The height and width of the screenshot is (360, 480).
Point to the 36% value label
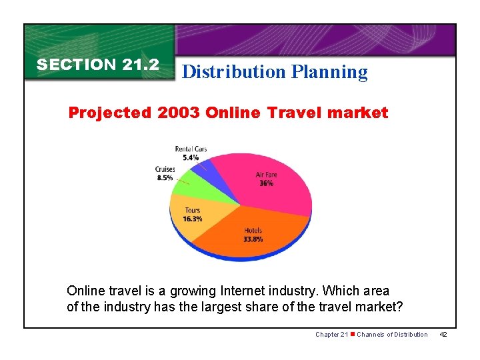click(x=266, y=183)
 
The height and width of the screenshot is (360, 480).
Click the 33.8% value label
click(x=253, y=239)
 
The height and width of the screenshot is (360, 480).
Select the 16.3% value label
click(x=193, y=219)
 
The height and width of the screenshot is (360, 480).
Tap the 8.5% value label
click(x=165, y=178)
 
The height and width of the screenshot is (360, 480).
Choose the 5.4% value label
click(x=191, y=157)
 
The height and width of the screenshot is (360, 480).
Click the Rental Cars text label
click(x=191, y=149)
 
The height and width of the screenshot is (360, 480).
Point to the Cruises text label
click(x=165, y=170)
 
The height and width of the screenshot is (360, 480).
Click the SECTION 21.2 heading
click(x=98, y=65)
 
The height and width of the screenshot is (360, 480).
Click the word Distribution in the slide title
click(x=233, y=71)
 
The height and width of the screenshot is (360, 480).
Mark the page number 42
click(x=444, y=334)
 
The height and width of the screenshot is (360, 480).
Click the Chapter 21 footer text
click(x=332, y=334)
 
